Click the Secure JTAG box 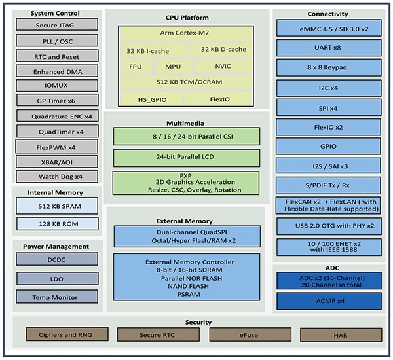click(56, 25)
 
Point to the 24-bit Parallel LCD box click(186, 158)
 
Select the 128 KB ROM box click(57, 224)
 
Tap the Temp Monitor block click(56, 297)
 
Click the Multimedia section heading click(186, 123)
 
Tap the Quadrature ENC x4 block click(56, 117)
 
